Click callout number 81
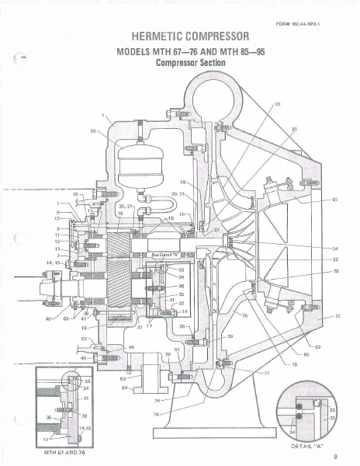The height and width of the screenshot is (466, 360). [x=335, y=200]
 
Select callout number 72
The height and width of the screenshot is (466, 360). [x=337, y=317]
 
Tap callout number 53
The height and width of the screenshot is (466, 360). [x=123, y=378]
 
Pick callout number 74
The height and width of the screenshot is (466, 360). [x=157, y=400]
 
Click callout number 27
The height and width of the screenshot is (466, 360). [x=216, y=231]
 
